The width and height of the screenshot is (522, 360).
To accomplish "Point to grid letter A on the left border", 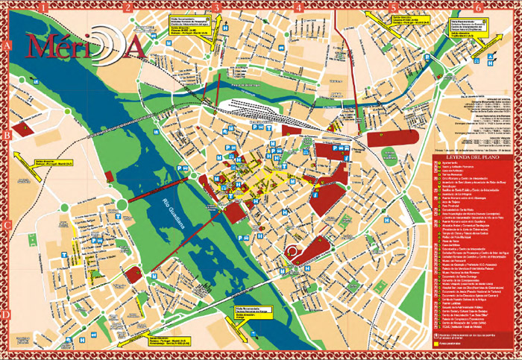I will pos(6,45).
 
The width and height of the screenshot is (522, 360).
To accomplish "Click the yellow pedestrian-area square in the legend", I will pos(437,345).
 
